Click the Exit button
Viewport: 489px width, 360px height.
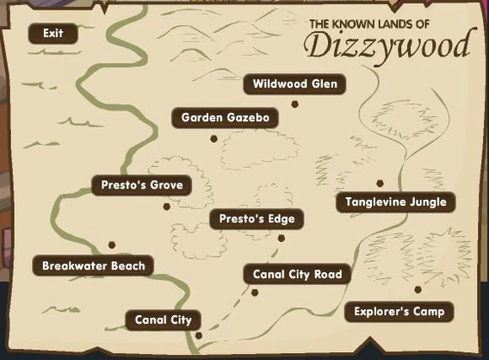52,34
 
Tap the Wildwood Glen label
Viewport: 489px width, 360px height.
295,84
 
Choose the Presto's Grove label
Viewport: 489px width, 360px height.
142,184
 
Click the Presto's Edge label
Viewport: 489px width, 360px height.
257,219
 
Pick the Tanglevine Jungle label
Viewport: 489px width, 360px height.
395,202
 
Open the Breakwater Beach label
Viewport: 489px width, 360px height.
93,265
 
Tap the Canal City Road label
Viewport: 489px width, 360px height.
297,275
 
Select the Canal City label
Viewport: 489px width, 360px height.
163,320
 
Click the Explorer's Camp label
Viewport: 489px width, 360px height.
399,311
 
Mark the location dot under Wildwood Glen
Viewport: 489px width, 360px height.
294,103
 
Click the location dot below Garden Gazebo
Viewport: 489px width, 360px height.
214,138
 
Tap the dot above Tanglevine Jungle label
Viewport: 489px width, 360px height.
380,183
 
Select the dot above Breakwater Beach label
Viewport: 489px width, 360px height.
111,245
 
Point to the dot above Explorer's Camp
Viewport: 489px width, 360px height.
418,289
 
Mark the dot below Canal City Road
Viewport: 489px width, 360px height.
255,293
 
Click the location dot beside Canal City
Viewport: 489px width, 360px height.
198,335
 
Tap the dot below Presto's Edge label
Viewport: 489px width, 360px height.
280,239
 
